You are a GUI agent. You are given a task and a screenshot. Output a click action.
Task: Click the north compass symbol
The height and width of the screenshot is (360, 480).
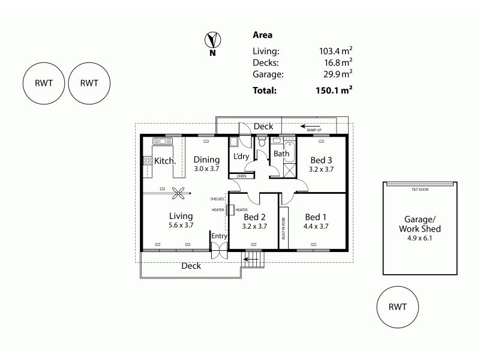coord(212,41)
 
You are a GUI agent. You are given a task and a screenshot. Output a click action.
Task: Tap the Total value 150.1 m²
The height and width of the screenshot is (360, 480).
coord(334,91)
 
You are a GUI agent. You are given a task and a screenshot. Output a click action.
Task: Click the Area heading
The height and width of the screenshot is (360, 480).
coord(262,35)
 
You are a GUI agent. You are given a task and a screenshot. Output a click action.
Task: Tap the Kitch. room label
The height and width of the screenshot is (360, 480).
coord(165,161)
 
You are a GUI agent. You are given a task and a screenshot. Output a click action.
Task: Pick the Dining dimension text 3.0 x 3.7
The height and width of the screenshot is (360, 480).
coord(206,169)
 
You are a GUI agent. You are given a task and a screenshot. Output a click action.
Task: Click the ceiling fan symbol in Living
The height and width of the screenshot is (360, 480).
coord(178,193)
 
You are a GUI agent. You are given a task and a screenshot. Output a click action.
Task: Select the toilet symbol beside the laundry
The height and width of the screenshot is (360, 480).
coord(261,143)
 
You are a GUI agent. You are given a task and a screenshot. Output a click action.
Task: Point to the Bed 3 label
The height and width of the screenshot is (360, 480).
coord(320,160)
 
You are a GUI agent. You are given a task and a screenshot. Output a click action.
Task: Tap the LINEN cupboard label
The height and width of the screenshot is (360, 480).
coord(241,176)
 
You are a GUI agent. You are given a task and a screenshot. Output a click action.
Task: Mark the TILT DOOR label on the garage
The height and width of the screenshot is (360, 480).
coord(419,190)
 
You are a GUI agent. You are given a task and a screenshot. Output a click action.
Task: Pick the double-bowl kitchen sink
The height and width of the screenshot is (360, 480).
coord(163,141)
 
